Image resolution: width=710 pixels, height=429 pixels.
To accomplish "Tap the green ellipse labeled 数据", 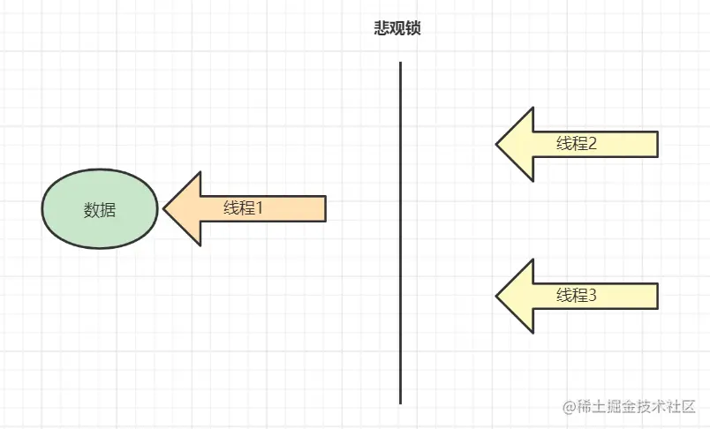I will click(x=100, y=209).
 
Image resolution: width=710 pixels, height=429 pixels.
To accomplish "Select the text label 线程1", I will click(x=244, y=208).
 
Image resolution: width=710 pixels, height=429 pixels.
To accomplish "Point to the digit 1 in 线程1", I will click(x=261, y=208).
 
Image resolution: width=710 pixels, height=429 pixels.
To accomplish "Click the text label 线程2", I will click(x=577, y=144).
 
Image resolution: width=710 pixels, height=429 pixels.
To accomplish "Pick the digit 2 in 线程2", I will click(x=593, y=144).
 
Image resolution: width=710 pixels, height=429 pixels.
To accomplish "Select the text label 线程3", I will click(x=577, y=296).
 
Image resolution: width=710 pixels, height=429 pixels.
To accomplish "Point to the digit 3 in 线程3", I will click(x=593, y=296).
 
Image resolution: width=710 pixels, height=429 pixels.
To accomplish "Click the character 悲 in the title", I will click(x=382, y=27).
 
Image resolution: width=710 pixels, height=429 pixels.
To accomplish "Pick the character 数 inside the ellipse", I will click(x=91, y=209).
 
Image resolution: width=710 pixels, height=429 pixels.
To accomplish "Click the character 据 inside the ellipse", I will click(x=109, y=209).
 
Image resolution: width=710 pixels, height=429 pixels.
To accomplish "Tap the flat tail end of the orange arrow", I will click(x=325, y=209).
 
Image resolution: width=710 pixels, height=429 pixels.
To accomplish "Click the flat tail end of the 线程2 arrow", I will click(x=657, y=144).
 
